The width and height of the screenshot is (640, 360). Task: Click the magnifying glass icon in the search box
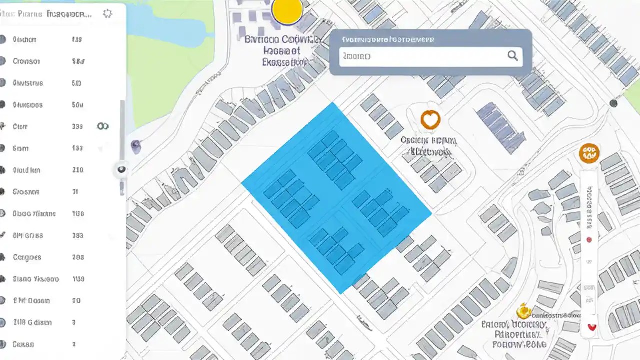512,56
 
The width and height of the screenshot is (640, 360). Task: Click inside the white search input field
425,57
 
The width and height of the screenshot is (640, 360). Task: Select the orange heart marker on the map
430,120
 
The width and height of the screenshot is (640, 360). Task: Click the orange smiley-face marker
589,153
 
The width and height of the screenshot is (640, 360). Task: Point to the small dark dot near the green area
613,103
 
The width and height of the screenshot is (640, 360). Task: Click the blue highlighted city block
336,197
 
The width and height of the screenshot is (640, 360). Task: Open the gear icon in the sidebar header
107,14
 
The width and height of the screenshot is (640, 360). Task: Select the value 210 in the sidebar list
77,170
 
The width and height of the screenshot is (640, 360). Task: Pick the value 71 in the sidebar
76,192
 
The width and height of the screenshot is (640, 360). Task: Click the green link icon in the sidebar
102,126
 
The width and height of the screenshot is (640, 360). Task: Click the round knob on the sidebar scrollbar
121,170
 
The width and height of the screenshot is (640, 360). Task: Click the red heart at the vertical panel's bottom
592,327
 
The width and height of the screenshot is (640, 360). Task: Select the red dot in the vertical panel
589,240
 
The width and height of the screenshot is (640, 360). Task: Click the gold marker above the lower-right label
523,312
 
